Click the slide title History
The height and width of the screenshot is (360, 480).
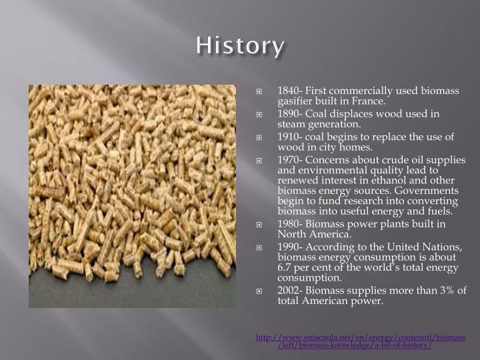pyautogui.click(x=240, y=46)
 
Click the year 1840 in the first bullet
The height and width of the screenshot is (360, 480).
pyautogui.click(x=289, y=91)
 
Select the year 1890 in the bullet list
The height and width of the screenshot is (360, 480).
pyautogui.click(x=289, y=113)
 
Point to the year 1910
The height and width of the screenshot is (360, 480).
pyautogui.click(x=289, y=136)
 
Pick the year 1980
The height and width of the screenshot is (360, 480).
pyautogui.click(x=289, y=223)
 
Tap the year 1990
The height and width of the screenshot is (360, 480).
pyautogui.click(x=289, y=246)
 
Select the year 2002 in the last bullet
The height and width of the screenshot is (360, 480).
pyautogui.click(x=289, y=289)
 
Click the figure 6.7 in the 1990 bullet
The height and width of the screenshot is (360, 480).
pyautogui.click(x=285, y=267)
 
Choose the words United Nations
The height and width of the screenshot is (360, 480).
pyautogui.click(x=430, y=246)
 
